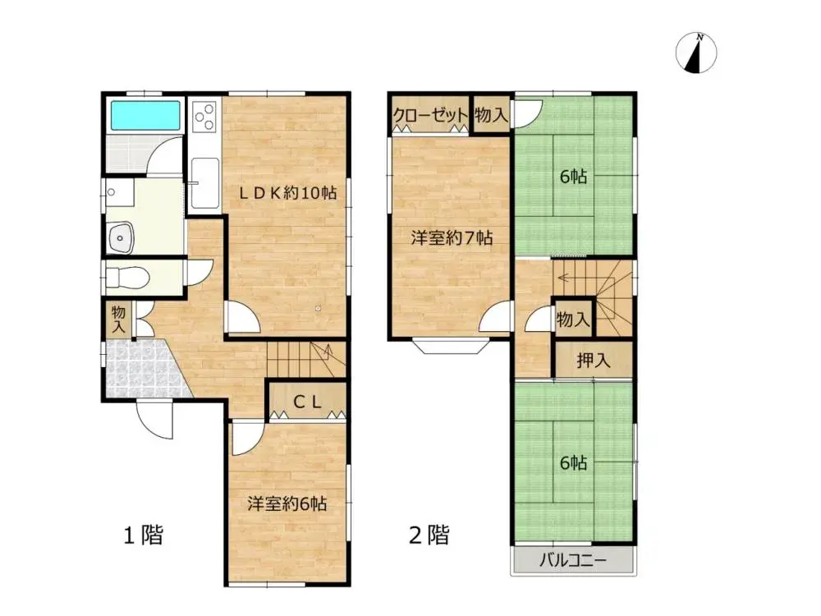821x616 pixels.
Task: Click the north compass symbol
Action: coord(696,53)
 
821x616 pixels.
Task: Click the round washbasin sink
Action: coord(122,237)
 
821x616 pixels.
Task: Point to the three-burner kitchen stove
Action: coord(203,115)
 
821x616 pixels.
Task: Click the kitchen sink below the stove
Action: coord(203,173)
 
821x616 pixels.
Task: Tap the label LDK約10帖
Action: coord(288,193)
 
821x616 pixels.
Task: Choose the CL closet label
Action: coord(307,402)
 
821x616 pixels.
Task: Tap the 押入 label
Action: coord(593,360)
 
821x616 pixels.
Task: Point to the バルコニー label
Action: coord(573,563)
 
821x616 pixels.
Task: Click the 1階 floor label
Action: coord(143,536)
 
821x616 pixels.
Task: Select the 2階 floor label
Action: coord(429,536)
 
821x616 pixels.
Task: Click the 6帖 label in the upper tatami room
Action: coord(574,177)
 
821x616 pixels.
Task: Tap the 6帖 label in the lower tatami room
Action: coord(574,463)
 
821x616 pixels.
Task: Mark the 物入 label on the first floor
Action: coord(118,319)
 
